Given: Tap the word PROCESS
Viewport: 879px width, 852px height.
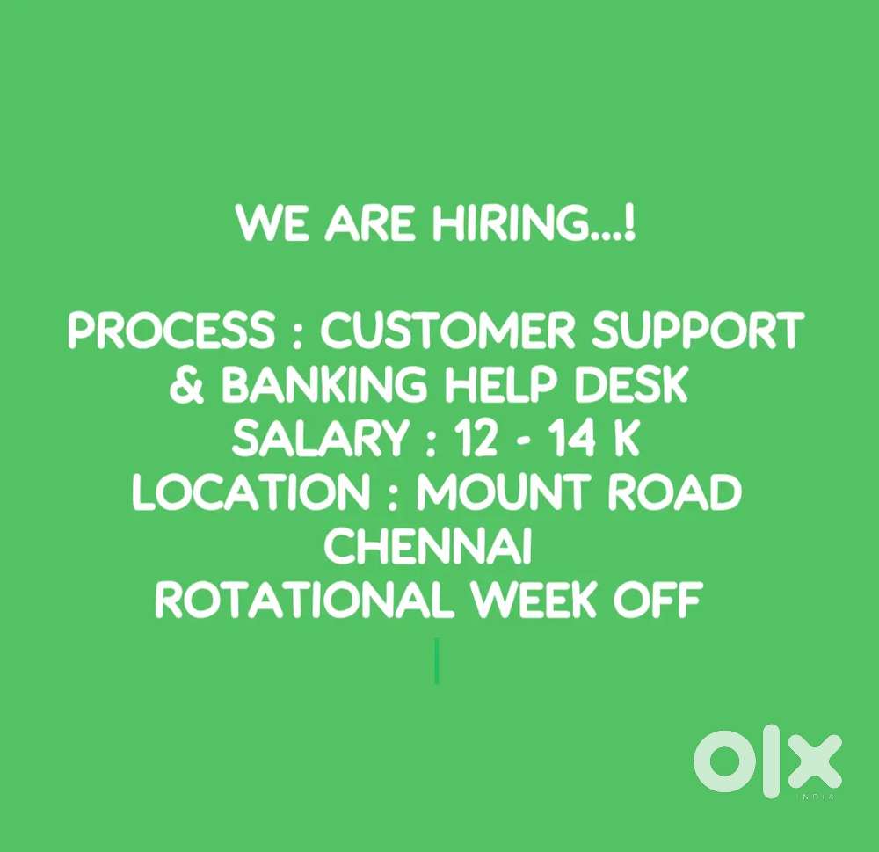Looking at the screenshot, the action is click(x=171, y=331).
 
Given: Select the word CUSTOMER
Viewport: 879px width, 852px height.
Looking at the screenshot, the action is click(x=448, y=331).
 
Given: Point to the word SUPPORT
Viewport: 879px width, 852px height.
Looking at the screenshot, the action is click(x=699, y=331).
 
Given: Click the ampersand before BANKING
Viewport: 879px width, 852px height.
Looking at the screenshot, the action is click(x=187, y=385).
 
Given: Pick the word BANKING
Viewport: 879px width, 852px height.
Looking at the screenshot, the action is click(x=324, y=385).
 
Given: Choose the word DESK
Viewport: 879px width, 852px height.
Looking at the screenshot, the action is click(x=631, y=385).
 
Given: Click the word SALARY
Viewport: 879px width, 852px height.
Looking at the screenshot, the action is click(x=320, y=439).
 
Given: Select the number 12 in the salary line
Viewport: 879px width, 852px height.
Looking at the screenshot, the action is click(x=476, y=439).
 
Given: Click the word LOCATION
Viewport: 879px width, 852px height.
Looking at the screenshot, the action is click(x=251, y=492).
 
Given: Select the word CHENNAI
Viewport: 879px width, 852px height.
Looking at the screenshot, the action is click(x=428, y=546).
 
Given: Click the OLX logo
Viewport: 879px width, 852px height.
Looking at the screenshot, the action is click(x=767, y=761).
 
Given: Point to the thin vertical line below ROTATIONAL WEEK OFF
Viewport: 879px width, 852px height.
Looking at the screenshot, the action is click(x=437, y=660).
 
